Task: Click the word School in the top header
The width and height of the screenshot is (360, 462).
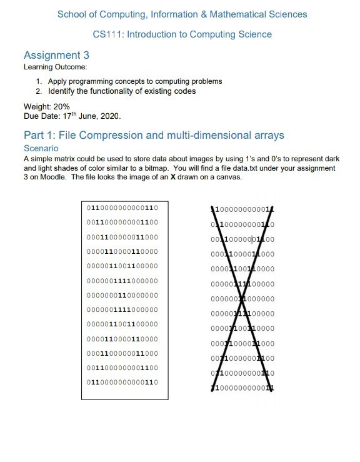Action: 72,14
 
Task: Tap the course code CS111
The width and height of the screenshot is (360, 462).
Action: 106,35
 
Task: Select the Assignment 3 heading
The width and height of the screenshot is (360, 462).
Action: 56,56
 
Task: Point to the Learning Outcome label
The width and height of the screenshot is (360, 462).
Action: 55,67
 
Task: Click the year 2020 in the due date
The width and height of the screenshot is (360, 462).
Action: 107,116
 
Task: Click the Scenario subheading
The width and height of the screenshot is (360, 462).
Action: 41,148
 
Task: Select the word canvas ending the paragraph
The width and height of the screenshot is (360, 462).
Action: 227,177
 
